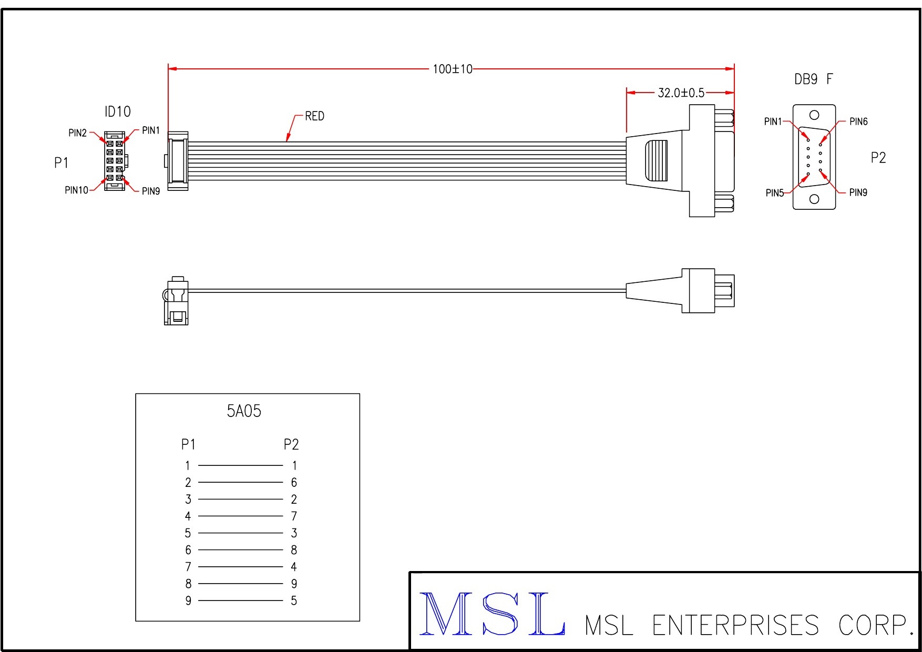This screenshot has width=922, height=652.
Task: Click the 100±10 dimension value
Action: [x=453, y=69]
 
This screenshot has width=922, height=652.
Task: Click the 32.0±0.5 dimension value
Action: [x=681, y=93]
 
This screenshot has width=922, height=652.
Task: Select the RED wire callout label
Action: [x=315, y=116]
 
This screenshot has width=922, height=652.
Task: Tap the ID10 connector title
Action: [x=118, y=111]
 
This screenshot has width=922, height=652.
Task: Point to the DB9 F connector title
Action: [x=814, y=79]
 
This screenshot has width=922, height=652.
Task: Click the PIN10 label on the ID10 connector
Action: [x=77, y=190]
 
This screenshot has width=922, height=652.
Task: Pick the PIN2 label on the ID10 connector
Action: [x=78, y=133]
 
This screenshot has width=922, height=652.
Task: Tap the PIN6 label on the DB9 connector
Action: [x=858, y=121]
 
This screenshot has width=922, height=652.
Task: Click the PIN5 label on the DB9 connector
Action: [x=775, y=193]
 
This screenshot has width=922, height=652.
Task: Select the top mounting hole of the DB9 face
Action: [x=814, y=115]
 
